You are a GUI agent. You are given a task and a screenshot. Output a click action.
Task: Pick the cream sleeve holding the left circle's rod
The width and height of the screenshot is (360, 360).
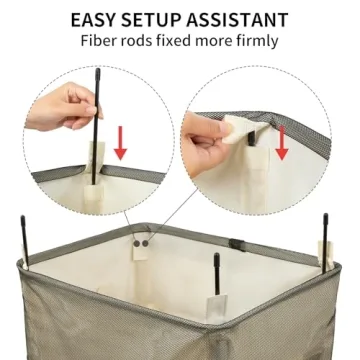point(98,163)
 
